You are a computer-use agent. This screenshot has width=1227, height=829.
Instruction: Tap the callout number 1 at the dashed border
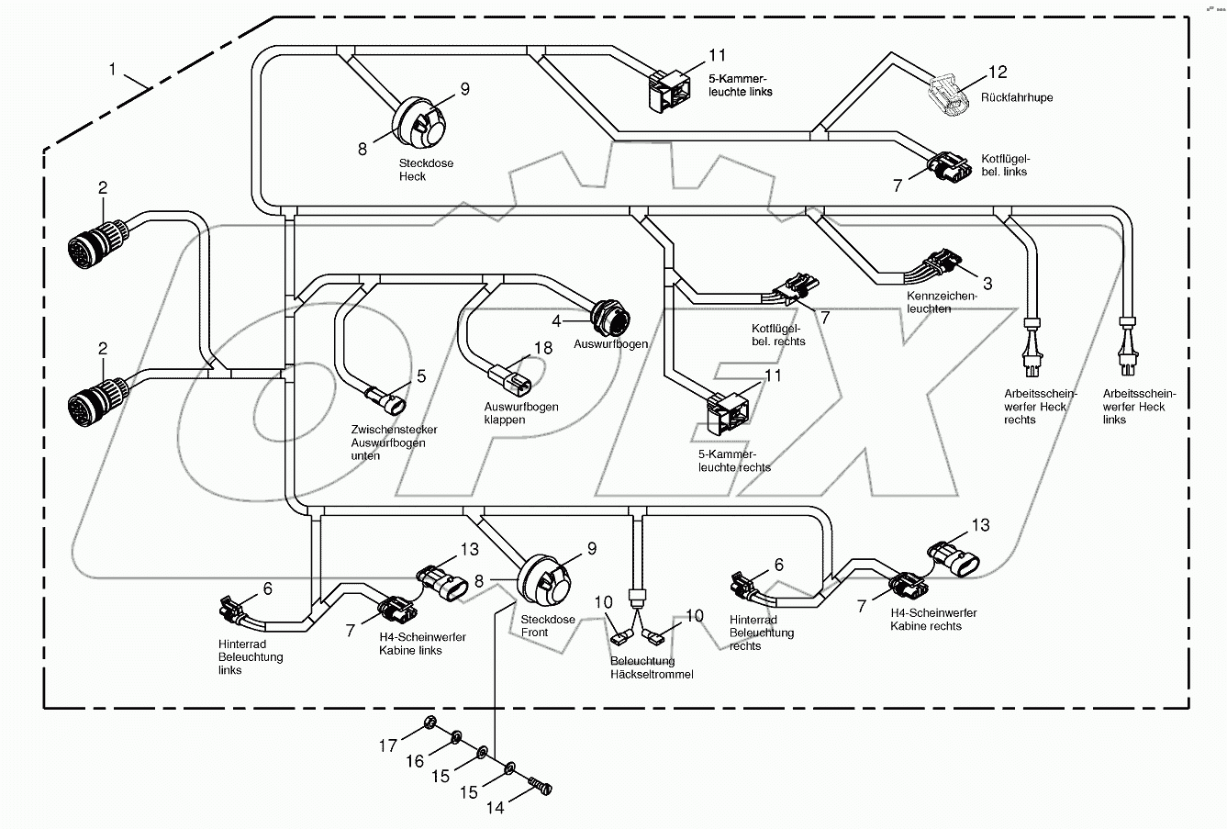(x=113, y=69)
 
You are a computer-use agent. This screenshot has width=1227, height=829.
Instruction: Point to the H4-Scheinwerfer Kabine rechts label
(x=932, y=620)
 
